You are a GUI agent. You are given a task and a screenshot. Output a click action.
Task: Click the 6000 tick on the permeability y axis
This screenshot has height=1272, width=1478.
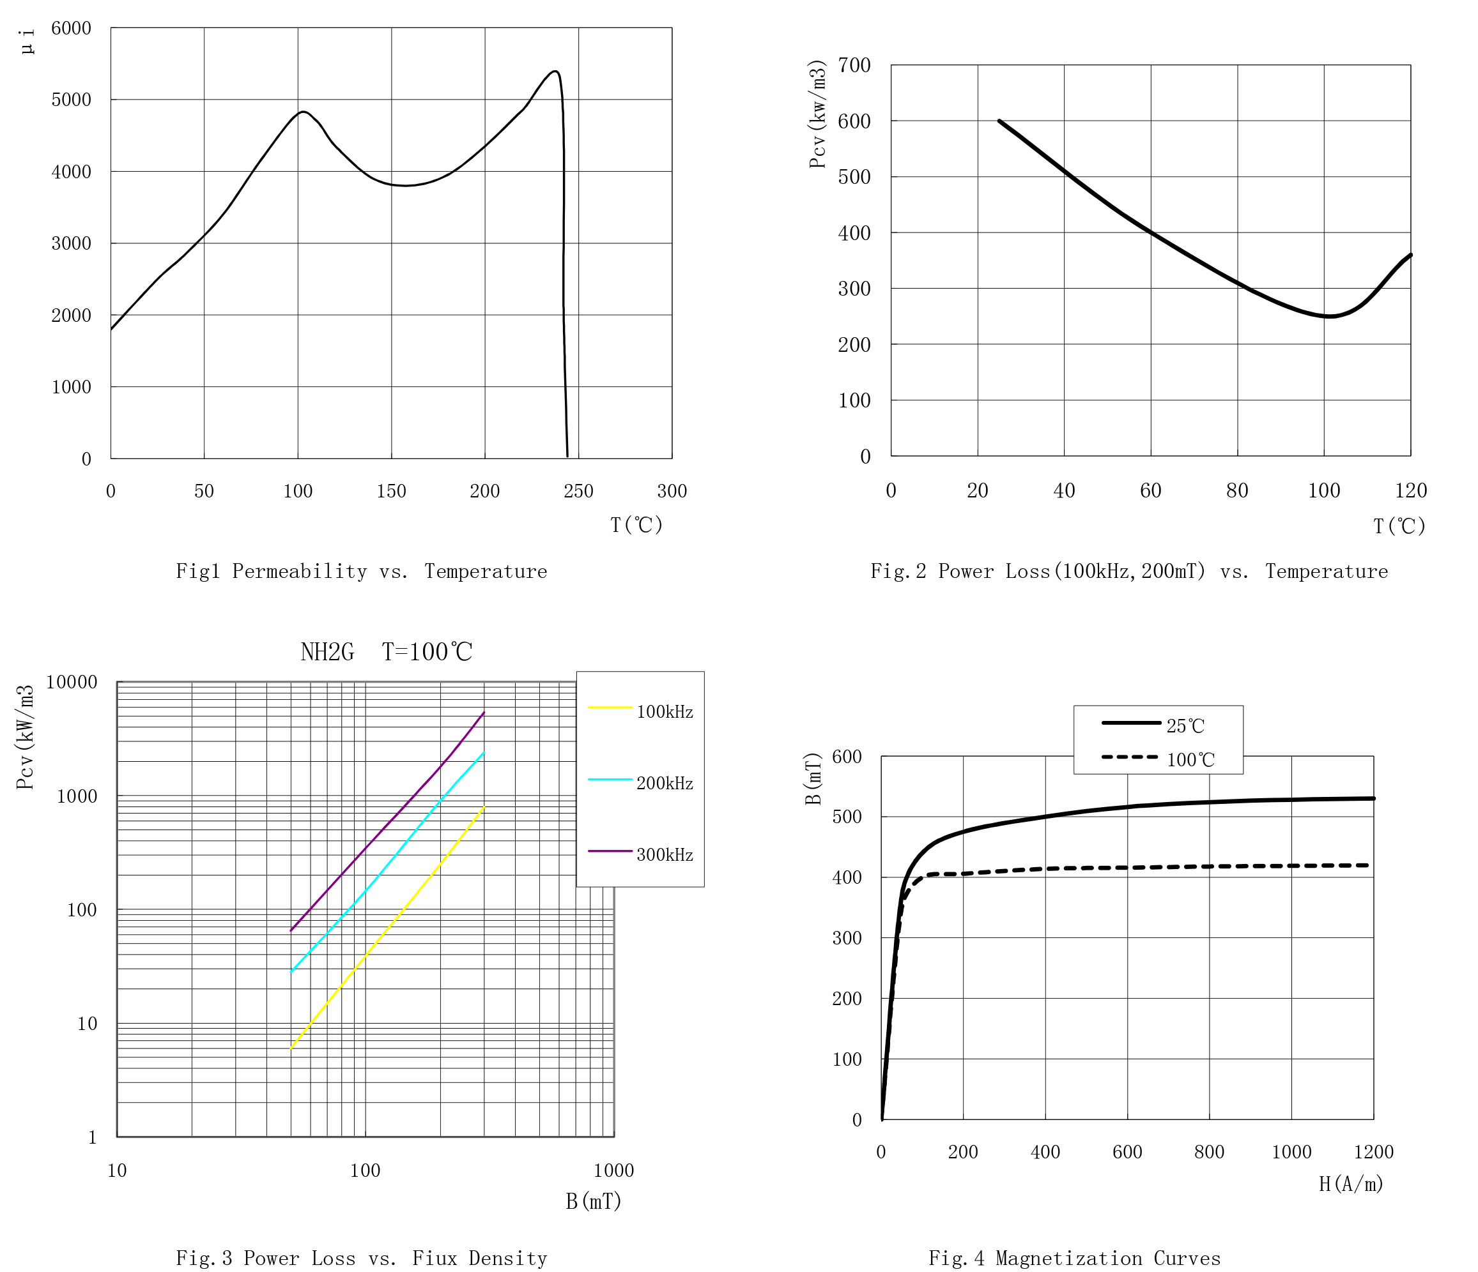(72, 28)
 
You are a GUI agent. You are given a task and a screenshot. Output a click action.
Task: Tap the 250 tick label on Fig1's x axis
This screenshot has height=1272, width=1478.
(578, 491)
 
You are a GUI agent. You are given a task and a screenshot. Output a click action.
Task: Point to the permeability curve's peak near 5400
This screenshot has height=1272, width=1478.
(554, 72)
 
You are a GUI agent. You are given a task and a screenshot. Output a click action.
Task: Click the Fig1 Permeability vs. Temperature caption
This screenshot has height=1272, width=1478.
(362, 571)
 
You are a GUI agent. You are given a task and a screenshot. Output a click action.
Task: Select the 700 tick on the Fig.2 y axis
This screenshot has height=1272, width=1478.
(854, 66)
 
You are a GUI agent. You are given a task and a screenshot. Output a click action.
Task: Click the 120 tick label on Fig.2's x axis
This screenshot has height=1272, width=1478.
(1411, 490)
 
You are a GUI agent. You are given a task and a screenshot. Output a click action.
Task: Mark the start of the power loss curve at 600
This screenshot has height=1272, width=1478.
(999, 121)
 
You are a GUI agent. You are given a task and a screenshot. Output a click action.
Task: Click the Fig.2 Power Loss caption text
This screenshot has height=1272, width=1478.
(1128, 571)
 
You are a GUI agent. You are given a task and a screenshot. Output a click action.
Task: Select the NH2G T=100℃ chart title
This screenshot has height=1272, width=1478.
(386, 652)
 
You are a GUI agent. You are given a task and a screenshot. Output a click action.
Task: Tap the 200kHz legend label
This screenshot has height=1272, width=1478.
(664, 784)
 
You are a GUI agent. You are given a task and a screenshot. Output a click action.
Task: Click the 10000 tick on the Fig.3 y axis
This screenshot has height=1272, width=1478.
(72, 683)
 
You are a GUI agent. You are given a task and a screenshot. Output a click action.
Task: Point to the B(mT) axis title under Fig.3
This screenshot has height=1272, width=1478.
(594, 1201)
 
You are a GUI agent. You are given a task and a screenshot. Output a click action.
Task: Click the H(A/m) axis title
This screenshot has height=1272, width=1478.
(1351, 1185)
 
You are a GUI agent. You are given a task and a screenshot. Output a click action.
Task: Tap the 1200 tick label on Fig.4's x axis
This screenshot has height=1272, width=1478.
(1373, 1151)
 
